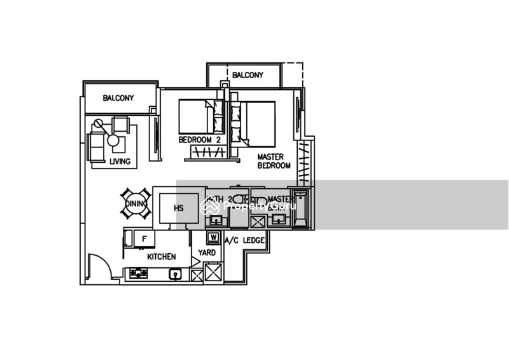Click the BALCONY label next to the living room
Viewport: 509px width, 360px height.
pyautogui.click(x=118, y=98)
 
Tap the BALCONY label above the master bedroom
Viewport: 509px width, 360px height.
pyautogui.click(x=248, y=75)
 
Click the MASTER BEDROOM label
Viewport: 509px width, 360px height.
pyautogui.click(x=274, y=161)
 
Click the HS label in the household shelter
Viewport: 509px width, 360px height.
pyautogui.click(x=179, y=207)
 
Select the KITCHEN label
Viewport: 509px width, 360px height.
pyautogui.click(x=161, y=256)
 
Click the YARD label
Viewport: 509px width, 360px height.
pyautogui.click(x=207, y=253)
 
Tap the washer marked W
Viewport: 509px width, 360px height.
pyautogui.click(x=213, y=238)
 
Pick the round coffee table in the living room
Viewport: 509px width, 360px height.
pyautogui.click(x=113, y=141)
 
